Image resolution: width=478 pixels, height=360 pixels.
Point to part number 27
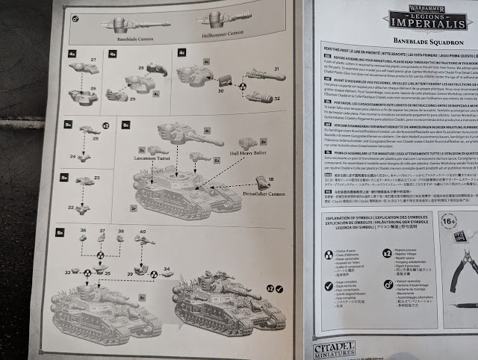(94, 58)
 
